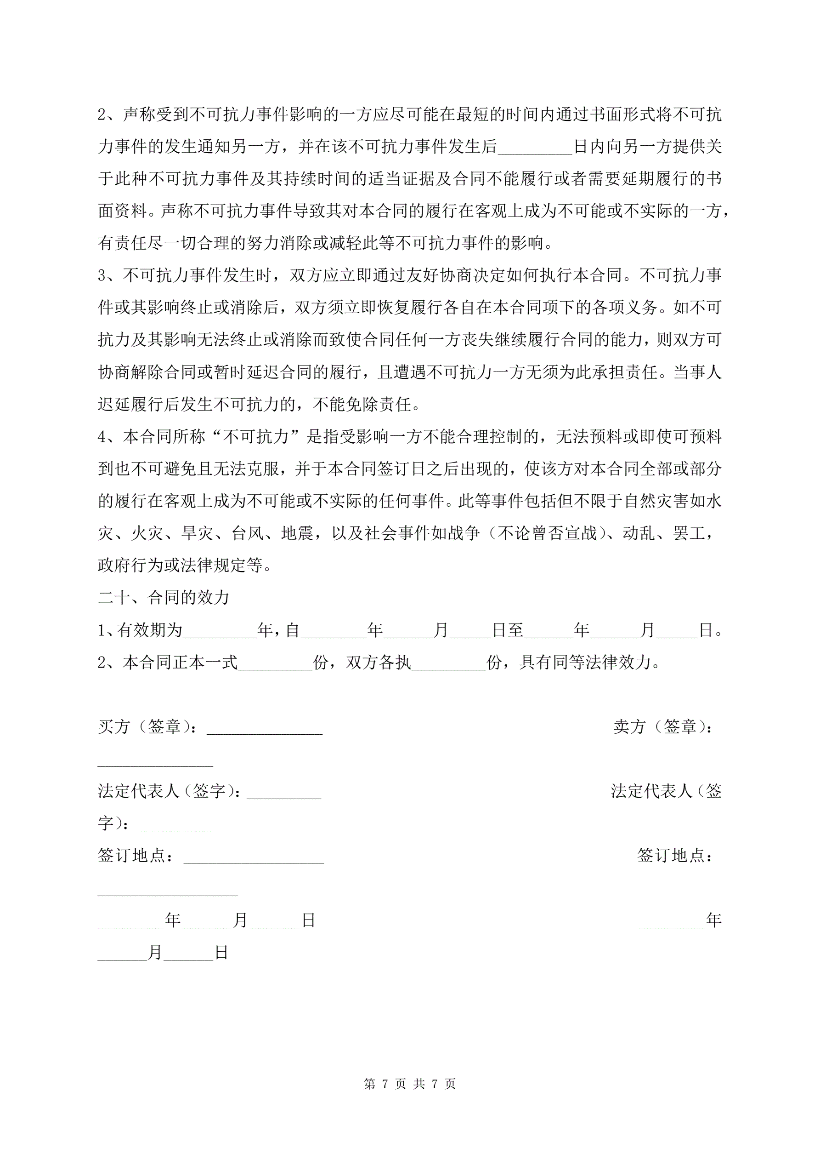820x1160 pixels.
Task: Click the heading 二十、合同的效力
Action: pos(164,598)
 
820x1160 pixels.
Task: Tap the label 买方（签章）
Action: pos(147,726)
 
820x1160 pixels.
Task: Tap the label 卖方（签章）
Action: pos(662,726)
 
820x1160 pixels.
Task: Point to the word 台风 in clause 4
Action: pos(248,533)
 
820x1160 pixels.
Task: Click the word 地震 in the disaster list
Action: pos(297,533)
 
